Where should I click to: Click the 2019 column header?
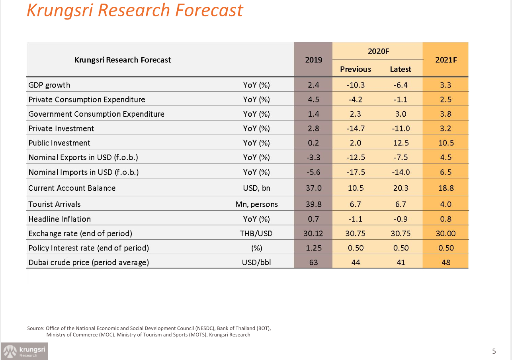(x=313, y=60)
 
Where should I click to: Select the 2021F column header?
(x=446, y=60)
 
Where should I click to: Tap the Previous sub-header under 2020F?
(x=356, y=69)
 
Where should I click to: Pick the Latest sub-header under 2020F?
(x=401, y=69)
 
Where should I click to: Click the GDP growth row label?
(x=49, y=85)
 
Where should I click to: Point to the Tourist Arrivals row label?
(x=55, y=204)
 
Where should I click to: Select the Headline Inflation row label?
(x=59, y=219)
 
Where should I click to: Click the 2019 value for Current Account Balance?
(x=314, y=188)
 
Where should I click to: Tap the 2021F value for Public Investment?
(x=446, y=143)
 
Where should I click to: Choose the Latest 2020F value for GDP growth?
(x=401, y=85)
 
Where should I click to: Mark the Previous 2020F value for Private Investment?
(x=356, y=129)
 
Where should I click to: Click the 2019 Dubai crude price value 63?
(x=313, y=262)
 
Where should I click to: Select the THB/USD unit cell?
(x=256, y=233)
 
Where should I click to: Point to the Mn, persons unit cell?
(x=256, y=204)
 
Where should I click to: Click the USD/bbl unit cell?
(x=256, y=262)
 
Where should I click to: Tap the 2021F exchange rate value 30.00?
(x=446, y=233)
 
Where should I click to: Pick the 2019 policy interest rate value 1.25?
(x=314, y=248)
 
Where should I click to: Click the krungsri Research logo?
(x=24, y=351)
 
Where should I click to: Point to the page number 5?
(x=494, y=351)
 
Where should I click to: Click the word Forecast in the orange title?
(x=209, y=10)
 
